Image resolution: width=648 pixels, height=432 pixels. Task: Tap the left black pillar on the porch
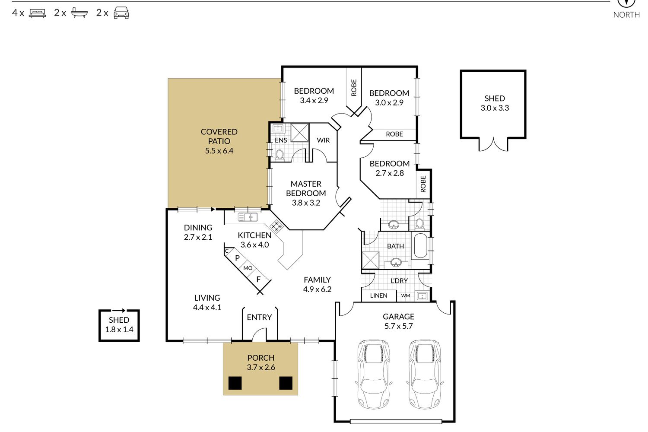[x=235, y=383]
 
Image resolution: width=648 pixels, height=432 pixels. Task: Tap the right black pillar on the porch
[x=286, y=383]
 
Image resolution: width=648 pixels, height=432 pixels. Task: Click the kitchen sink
[x=248, y=217]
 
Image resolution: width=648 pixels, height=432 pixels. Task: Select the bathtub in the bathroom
[x=421, y=246]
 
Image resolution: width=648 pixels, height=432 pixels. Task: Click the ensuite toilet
[x=280, y=155]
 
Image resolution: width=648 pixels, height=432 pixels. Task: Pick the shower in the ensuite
[x=300, y=133]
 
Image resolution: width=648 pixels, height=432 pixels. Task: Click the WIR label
[x=323, y=140]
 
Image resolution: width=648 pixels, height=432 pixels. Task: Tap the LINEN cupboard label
[x=378, y=296]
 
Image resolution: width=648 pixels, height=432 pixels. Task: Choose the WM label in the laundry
[x=406, y=296]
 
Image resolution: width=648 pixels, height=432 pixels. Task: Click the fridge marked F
[x=258, y=279]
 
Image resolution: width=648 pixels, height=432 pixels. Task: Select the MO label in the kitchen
[x=248, y=268]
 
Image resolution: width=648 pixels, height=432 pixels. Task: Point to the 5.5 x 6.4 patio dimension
[x=219, y=151]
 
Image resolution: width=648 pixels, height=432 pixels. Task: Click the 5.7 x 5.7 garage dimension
[x=398, y=326]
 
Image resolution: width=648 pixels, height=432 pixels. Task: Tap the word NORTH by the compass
[x=626, y=15]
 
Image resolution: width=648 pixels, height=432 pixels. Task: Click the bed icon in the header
[x=37, y=13]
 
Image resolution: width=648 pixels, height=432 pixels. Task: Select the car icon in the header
[x=121, y=13]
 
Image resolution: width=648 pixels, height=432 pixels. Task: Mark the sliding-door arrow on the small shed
[x=119, y=311]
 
